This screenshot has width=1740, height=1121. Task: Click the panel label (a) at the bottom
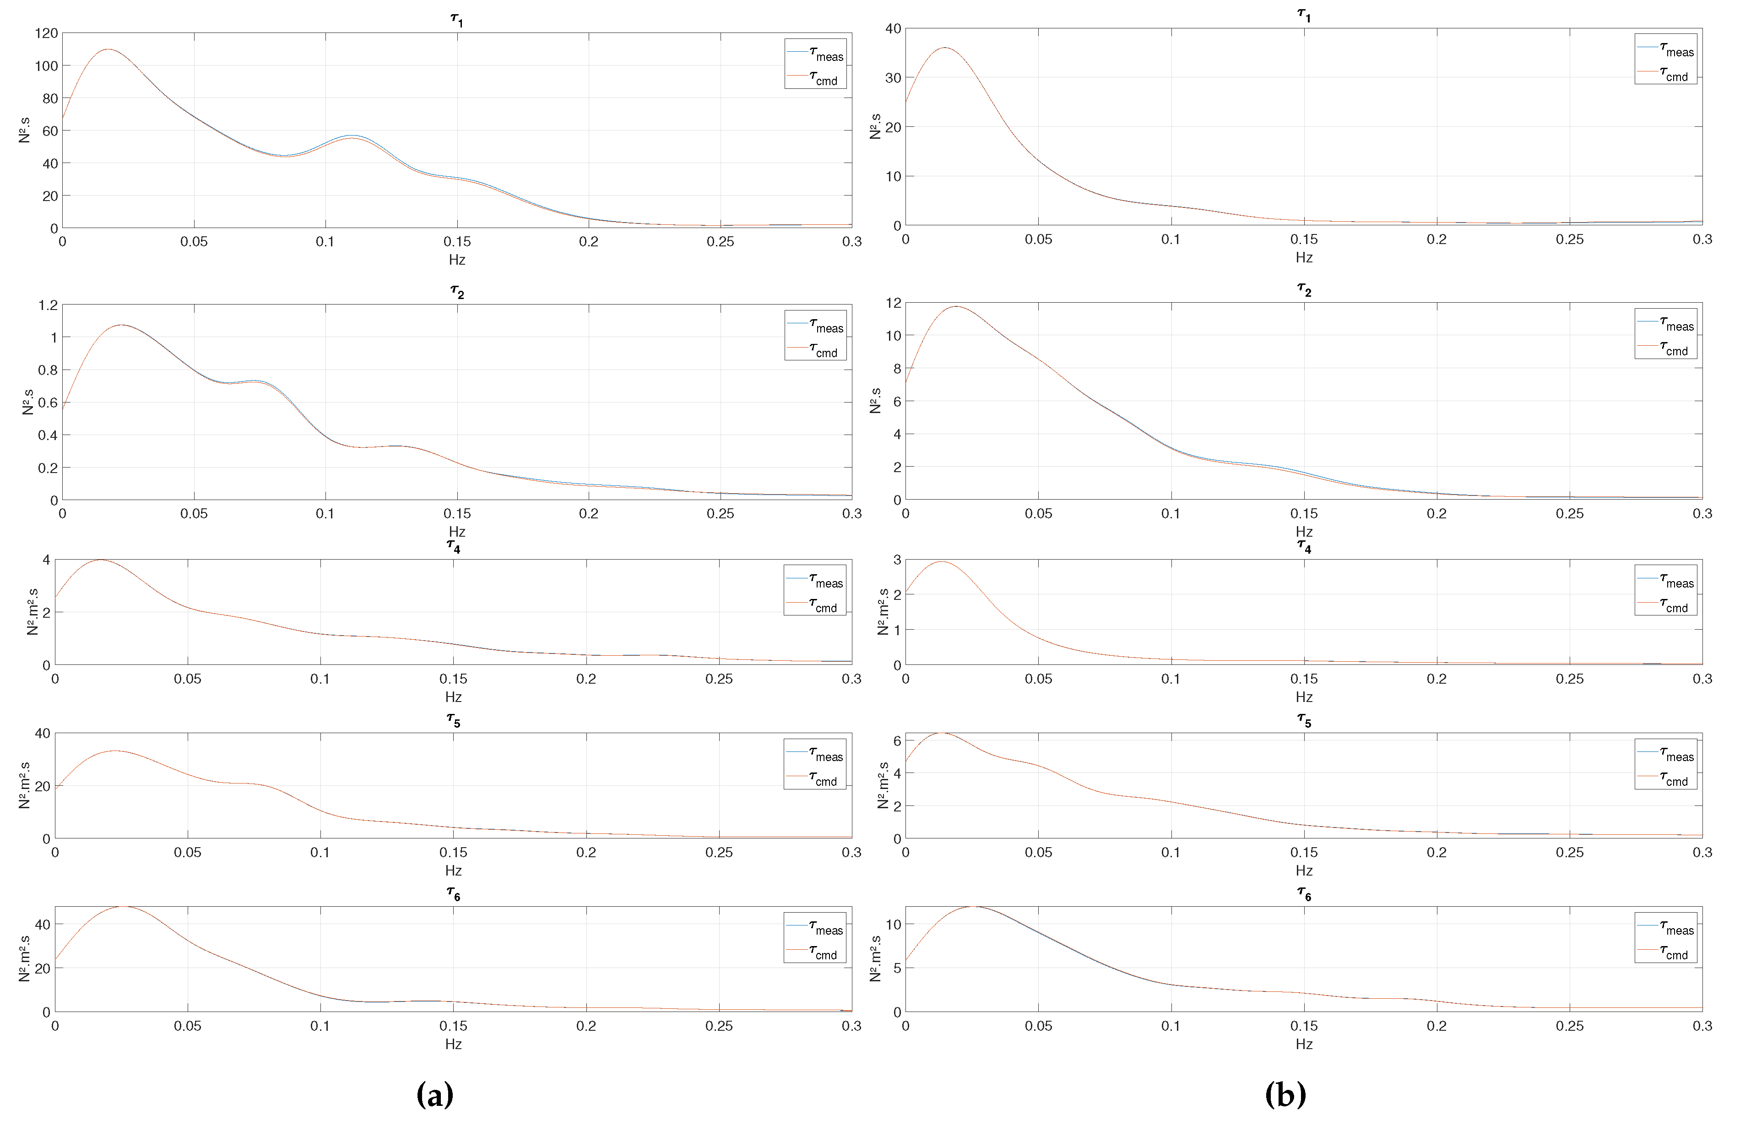point(434,1094)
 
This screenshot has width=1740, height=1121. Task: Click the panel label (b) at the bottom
point(1285,1094)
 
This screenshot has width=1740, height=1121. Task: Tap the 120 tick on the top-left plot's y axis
point(46,33)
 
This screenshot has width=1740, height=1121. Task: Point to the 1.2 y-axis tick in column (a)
point(48,305)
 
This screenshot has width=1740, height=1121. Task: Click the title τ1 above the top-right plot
point(1303,15)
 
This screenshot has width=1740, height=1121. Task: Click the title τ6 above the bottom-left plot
point(453,894)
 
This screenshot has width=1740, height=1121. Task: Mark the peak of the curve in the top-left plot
point(108,49)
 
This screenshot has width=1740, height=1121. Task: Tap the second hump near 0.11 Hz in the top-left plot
point(352,136)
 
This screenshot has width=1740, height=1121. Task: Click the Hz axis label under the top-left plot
point(456,260)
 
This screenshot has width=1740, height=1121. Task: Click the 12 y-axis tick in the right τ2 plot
point(893,303)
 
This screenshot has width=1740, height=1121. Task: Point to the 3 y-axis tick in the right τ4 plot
point(897,560)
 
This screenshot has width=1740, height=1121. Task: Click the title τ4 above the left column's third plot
point(453,547)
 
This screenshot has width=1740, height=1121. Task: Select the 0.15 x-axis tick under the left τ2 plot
point(457,513)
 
